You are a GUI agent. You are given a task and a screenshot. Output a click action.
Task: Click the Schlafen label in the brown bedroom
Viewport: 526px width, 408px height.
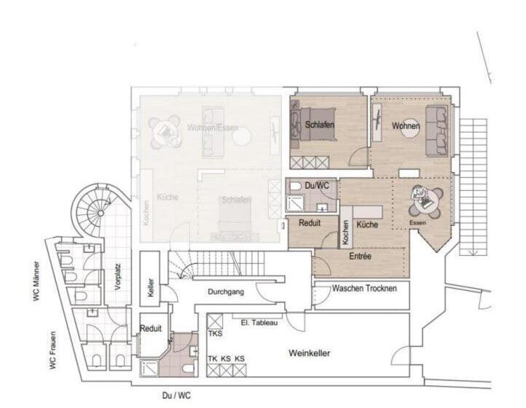coord(320,125)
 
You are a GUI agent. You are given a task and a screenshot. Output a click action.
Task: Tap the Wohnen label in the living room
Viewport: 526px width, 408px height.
coord(406,126)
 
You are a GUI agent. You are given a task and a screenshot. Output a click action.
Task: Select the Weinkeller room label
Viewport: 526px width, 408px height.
coord(310,353)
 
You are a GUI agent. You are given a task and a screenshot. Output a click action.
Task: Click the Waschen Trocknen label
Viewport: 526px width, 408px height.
coord(364,289)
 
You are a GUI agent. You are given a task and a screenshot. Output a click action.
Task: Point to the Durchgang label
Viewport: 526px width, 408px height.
coord(226,291)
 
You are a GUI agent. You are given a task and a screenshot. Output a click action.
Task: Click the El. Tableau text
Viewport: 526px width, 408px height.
coord(259,321)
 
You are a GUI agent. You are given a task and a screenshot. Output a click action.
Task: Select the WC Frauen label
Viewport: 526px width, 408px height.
coord(53,352)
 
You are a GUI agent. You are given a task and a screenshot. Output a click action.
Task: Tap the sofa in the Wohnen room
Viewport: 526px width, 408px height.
coord(436,131)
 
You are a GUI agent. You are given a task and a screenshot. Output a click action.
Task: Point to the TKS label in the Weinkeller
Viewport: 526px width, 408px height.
coord(215,333)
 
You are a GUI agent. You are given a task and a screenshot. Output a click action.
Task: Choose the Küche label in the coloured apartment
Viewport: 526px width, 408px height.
coord(367,225)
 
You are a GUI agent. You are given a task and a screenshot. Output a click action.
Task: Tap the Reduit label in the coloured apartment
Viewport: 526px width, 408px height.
coord(310,222)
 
